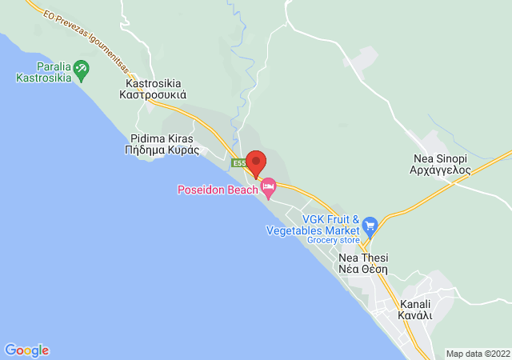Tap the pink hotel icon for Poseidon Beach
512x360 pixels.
click(269, 189)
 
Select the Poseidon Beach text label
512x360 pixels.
click(217, 190)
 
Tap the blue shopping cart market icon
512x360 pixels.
click(369, 225)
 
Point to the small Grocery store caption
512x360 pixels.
click(334, 240)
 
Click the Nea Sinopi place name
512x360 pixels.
click(441, 159)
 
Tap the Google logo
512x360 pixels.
click(26, 350)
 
